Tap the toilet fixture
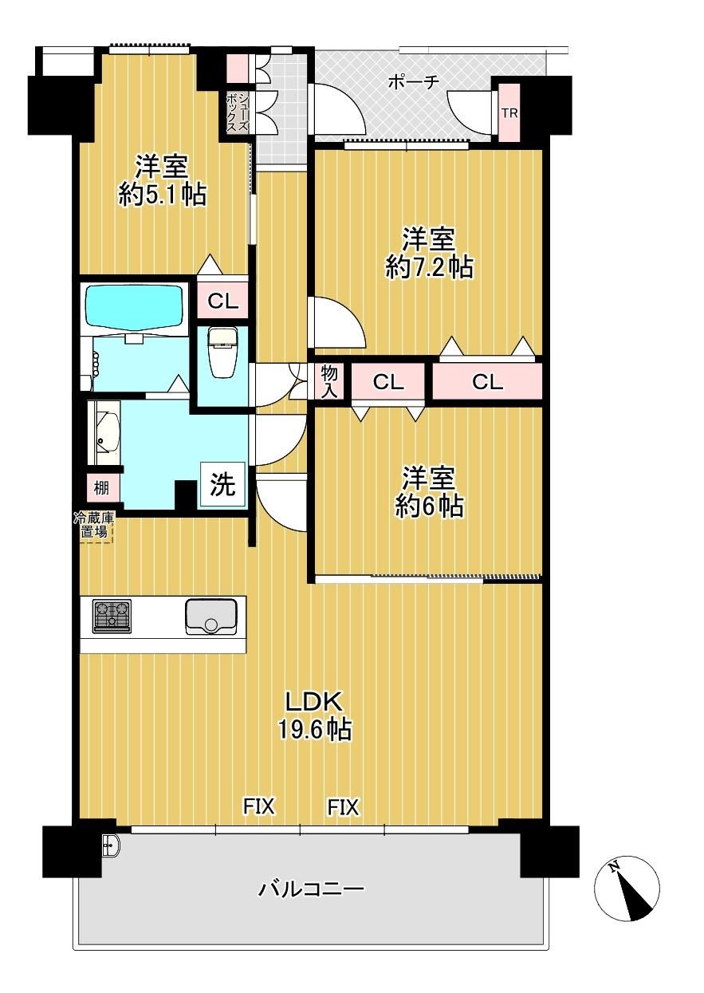pyautogui.click(x=223, y=353)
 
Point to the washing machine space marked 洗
pyautogui.click(x=223, y=484)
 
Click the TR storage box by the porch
pyautogui.click(x=509, y=113)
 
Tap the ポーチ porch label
pyautogui.click(x=413, y=82)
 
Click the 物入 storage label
pyautogui.click(x=329, y=381)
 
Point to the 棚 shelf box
pyautogui.click(x=102, y=488)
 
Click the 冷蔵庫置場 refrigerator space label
pyautogui.click(x=93, y=525)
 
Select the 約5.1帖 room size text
pyautogui.click(x=162, y=195)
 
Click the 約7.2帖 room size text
pyautogui.click(x=430, y=267)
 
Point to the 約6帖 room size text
pyautogui.click(x=429, y=506)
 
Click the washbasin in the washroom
pyautogui.click(x=104, y=431)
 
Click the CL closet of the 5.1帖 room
pyautogui.click(x=222, y=302)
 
